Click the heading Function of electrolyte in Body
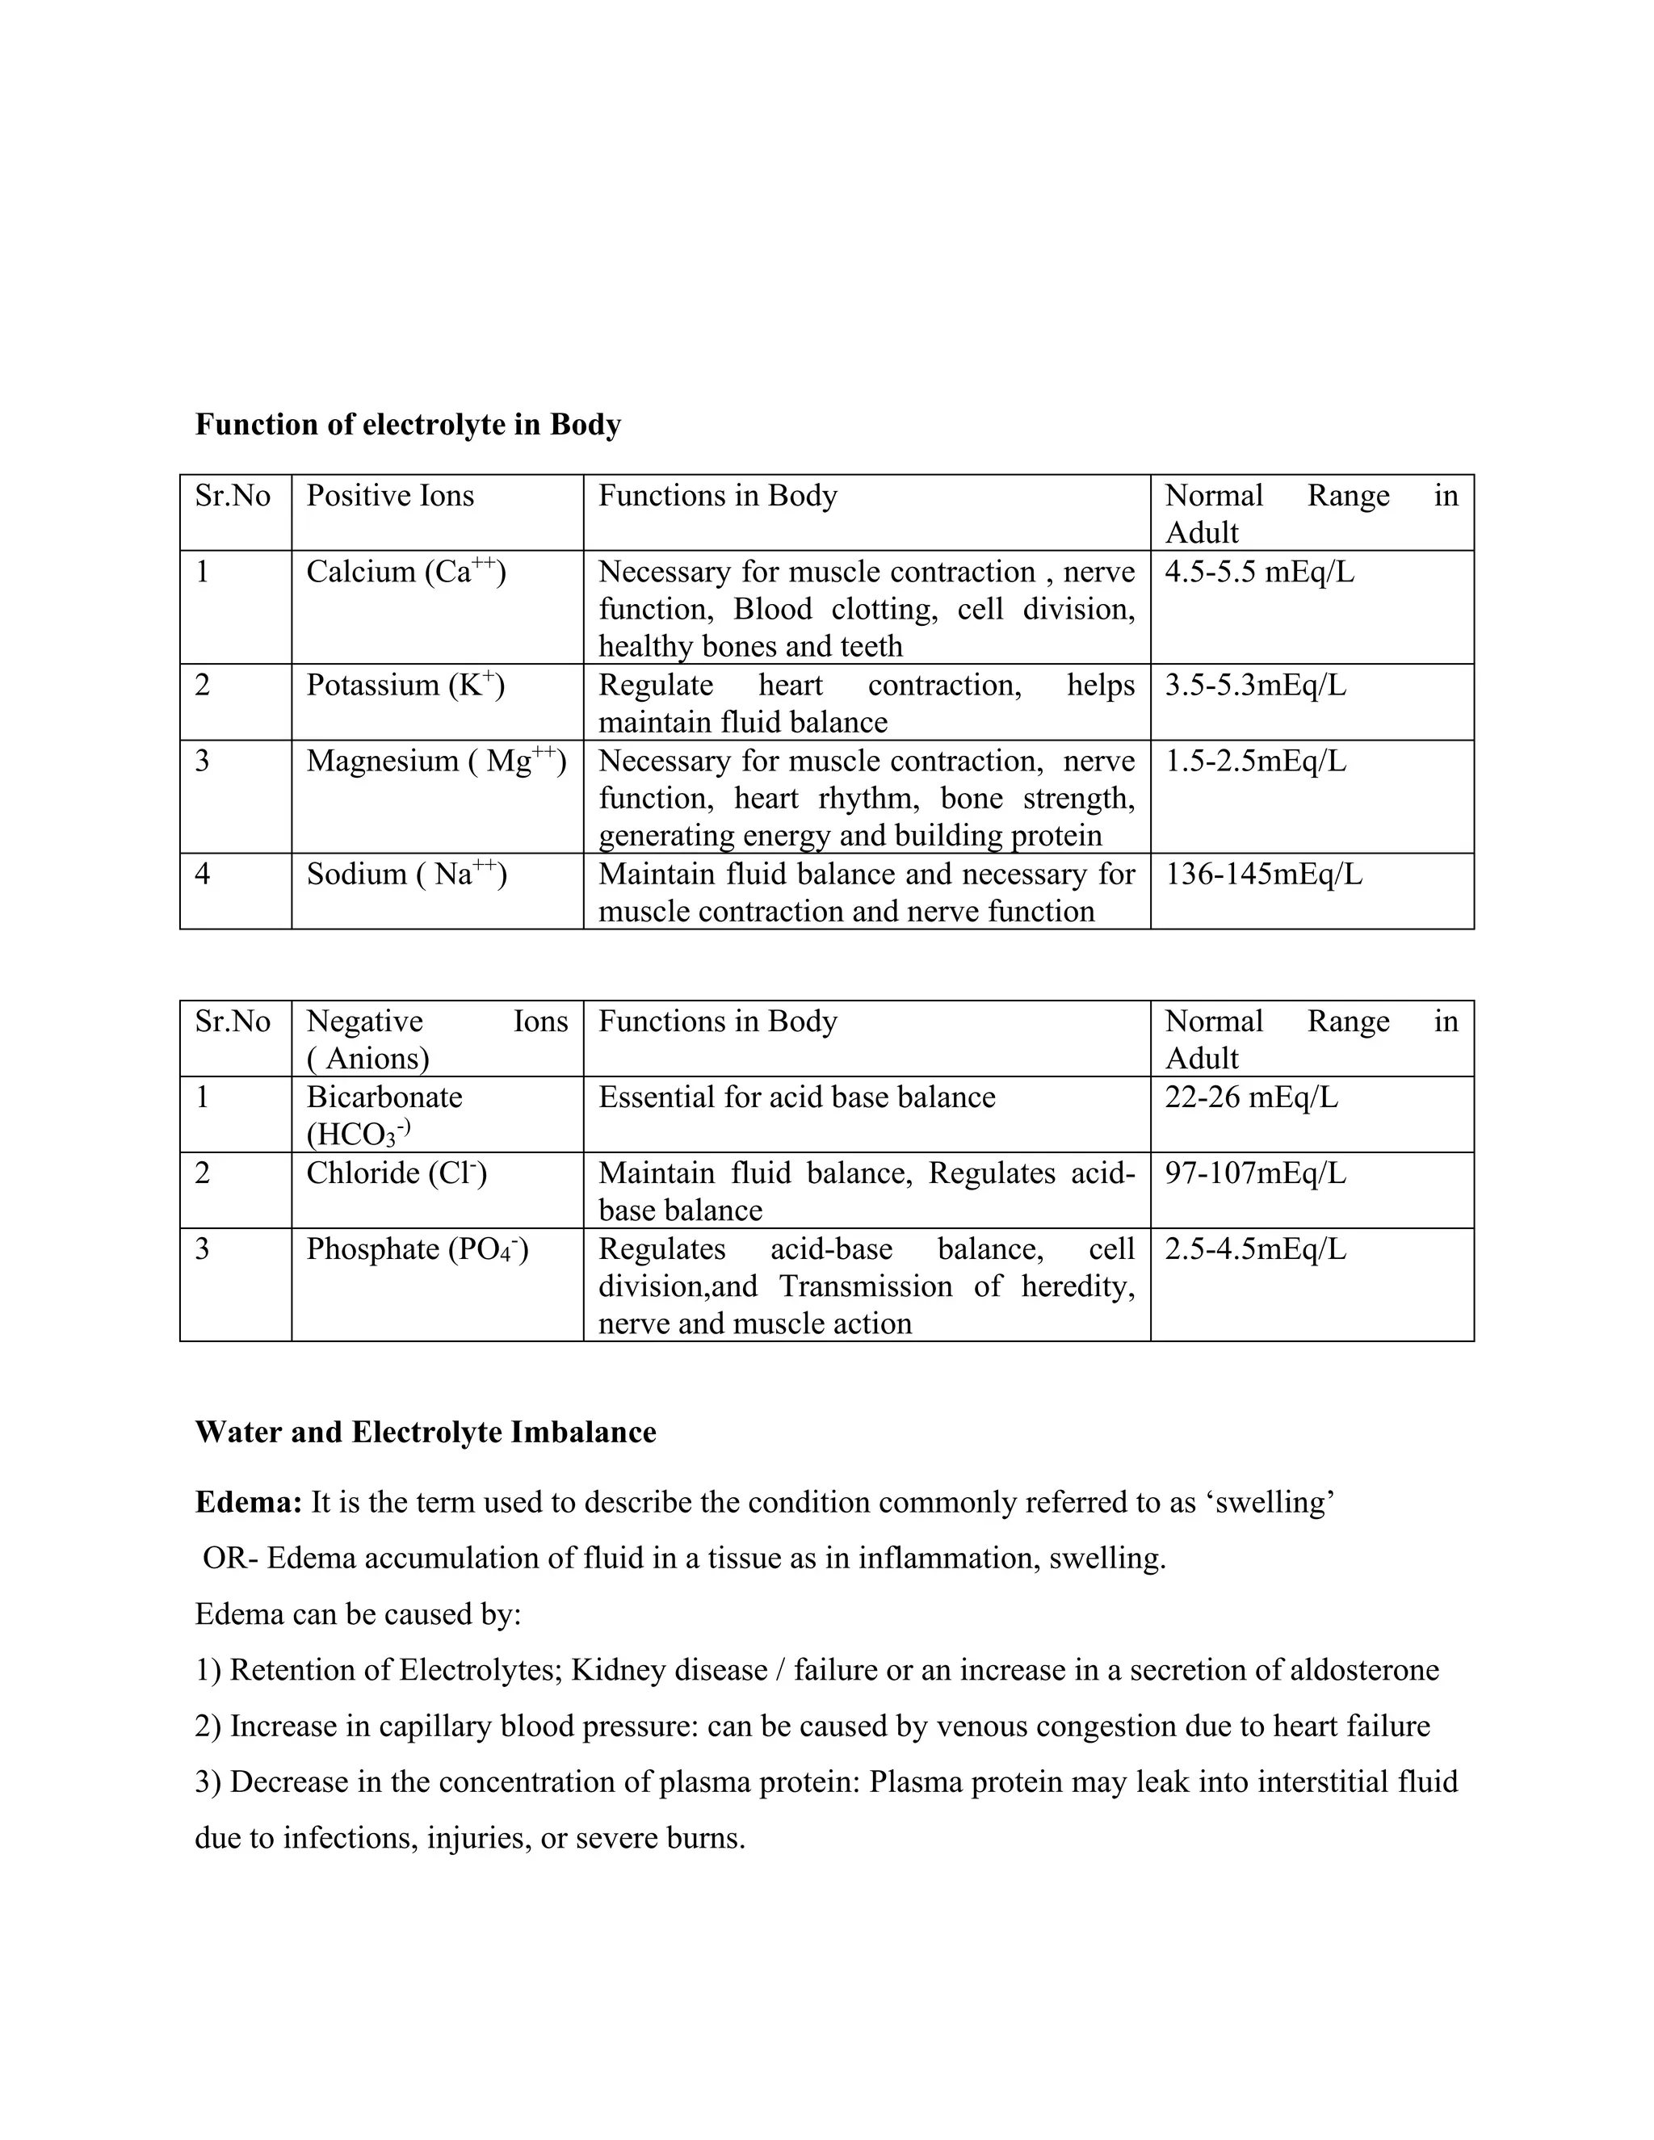point(408,424)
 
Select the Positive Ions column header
point(390,496)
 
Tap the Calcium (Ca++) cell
point(405,571)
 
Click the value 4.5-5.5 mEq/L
point(1259,571)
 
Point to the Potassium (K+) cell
point(405,685)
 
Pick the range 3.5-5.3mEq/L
point(1255,685)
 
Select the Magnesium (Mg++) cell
point(436,762)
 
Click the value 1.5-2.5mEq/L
point(1255,762)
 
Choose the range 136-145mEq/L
point(1263,874)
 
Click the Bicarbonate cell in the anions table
point(384,1114)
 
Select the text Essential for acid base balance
point(796,1097)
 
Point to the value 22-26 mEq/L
point(1251,1097)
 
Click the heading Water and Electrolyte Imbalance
point(426,1433)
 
